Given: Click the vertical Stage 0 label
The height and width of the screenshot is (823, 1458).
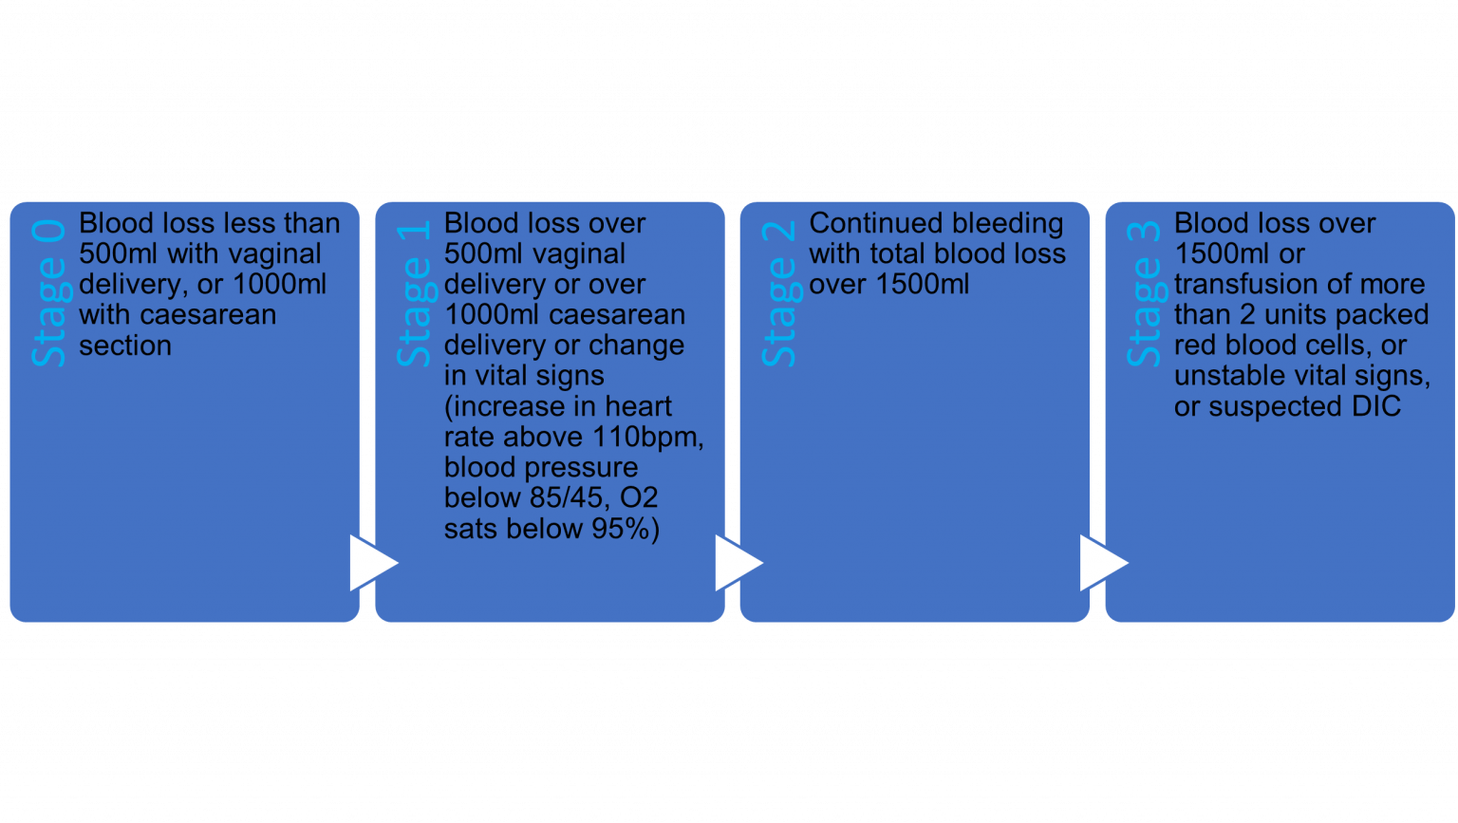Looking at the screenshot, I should (49, 293).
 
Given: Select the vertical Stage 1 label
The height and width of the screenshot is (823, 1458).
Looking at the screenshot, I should (415, 293).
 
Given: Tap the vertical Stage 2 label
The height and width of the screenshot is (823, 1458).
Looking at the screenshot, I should (779, 293).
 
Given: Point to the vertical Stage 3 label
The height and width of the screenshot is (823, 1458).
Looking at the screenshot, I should (1145, 293).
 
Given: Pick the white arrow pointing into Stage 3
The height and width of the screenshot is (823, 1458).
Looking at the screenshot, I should (1102, 563).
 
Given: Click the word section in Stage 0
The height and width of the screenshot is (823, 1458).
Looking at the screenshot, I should (125, 346).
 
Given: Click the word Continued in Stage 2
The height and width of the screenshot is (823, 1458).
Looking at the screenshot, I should (866, 224).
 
